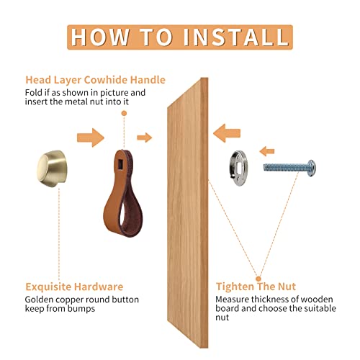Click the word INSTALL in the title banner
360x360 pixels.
tap(236, 37)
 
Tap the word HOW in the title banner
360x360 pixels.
tap(100, 37)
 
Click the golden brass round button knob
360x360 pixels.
tap(52, 168)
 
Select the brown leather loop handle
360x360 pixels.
tap(123, 193)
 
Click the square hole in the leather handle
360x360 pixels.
tap(120, 164)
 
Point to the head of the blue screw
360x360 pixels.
tap(311, 168)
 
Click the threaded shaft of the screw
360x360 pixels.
tap(285, 167)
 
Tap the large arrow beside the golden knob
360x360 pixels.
tap(91, 138)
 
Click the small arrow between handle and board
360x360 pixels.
tap(145, 138)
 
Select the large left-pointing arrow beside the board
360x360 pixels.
tap(227, 133)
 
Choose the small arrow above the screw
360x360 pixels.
tap(267, 151)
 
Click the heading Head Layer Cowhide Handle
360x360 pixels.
tap(95, 80)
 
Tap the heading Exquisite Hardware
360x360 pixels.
tap(74, 287)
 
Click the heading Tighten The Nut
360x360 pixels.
tap(256, 287)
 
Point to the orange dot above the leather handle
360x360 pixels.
tap(124, 113)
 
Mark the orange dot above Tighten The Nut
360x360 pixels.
tap(258, 279)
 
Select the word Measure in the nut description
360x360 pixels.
tap(233, 300)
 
